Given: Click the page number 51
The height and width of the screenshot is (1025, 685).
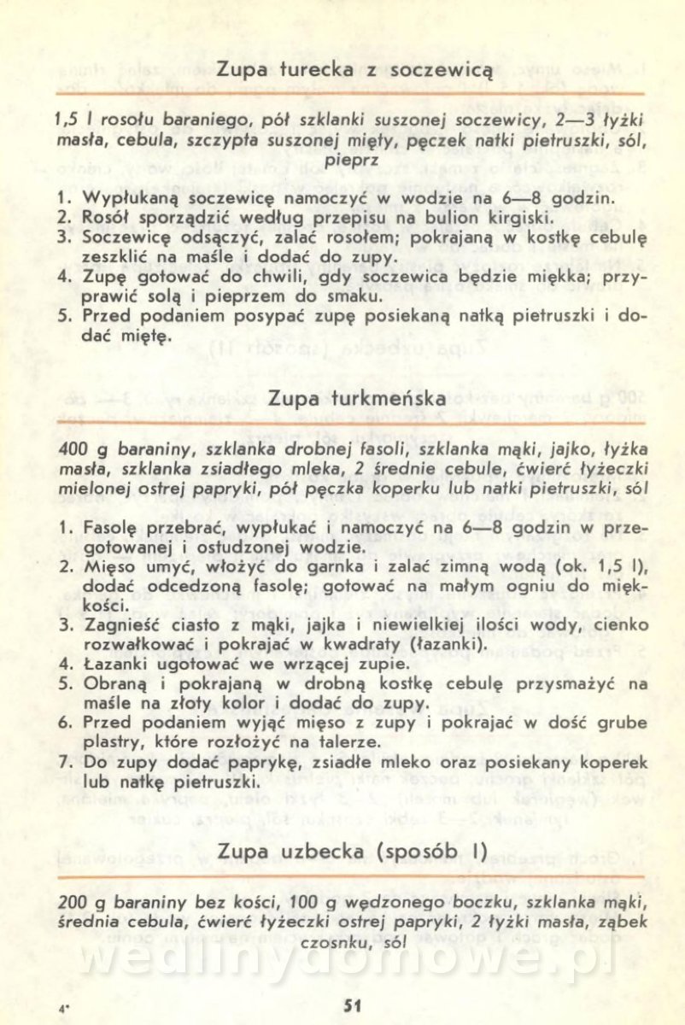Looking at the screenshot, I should tap(353, 1004).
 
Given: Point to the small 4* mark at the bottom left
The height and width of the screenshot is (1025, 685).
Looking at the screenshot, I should tap(64, 1008).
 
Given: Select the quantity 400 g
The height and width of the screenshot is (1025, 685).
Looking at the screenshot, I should tap(82, 452).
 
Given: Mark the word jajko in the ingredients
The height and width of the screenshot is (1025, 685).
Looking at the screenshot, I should tap(544, 452).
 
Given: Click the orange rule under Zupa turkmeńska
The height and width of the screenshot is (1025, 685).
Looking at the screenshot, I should tap(351, 422).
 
